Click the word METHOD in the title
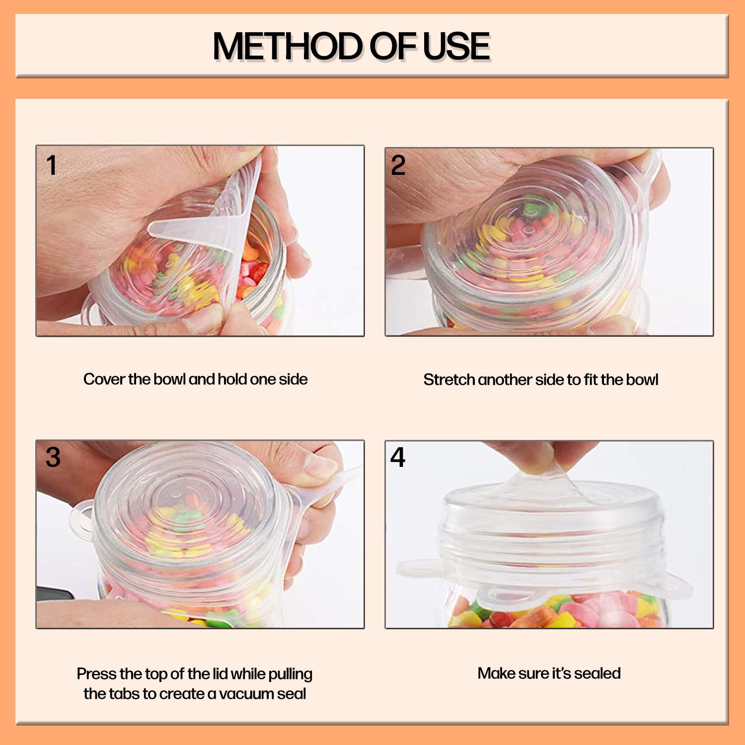coord(288,46)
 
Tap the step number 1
coord(51,165)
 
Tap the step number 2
coord(398,165)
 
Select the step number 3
coord(53,457)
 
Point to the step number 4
coord(397,457)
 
